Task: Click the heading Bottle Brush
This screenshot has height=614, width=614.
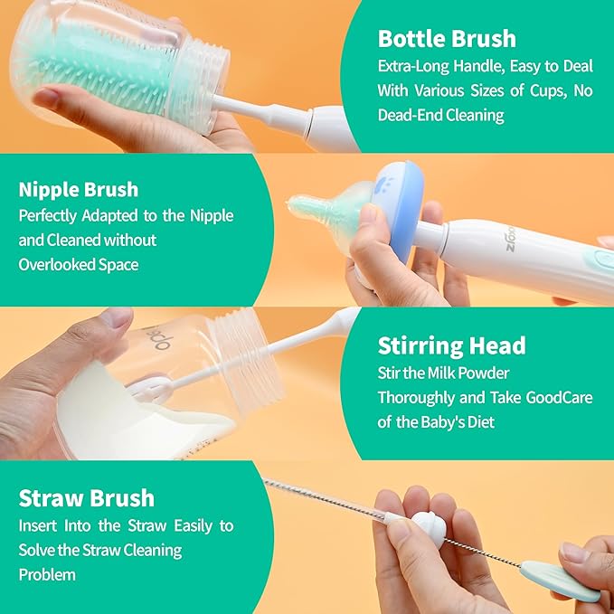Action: coord(447,39)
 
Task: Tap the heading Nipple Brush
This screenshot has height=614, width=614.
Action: coord(79,190)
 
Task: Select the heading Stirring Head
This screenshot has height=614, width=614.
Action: coord(450,345)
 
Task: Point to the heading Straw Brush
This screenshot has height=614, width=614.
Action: coord(86,498)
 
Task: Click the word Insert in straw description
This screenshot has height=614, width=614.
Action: coord(38,525)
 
